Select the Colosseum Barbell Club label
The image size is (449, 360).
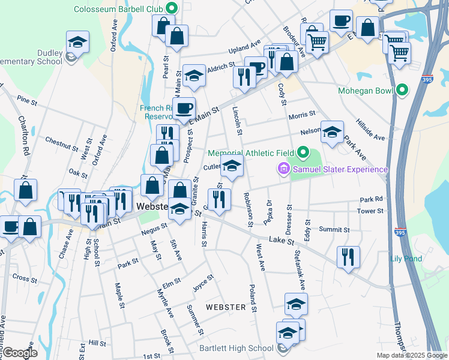[x=119, y=9]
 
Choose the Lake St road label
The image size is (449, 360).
[x=280, y=241]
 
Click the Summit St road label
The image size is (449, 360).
[x=334, y=230]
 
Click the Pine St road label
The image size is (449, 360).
[x=27, y=100]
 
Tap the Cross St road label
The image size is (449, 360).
[x=24, y=279]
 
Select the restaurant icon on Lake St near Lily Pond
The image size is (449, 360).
[x=348, y=257]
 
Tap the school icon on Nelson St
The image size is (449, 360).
[x=331, y=132]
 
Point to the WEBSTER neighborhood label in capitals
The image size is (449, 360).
[x=226, y=307]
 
